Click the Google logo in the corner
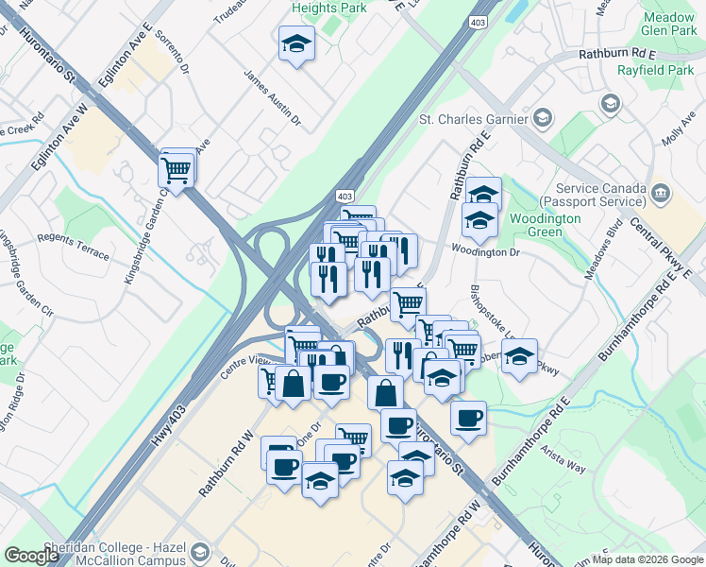coord(31,556)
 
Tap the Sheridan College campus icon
coord(199,552)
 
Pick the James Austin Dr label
coord(272,97)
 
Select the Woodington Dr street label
coord(485,252)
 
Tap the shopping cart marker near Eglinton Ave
coord(176,171)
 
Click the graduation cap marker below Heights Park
coord(296,43)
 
